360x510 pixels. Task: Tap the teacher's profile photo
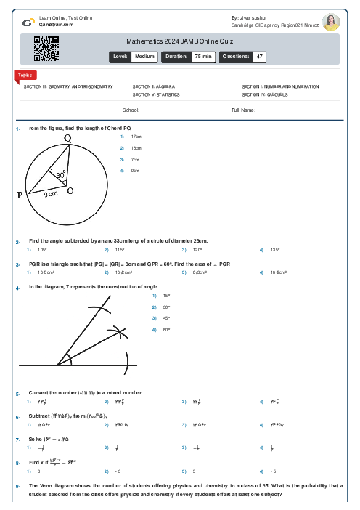(x=331, y=22)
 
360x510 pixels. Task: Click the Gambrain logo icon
(x=27, y=23)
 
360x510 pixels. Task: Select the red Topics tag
(x=24, y=75)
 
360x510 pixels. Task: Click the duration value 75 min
(x=202, y=56)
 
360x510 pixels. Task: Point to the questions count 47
(x=259, y=56)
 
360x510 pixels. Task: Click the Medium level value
(x=144, y=56)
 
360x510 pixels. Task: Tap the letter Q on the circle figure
(x=67, y=138)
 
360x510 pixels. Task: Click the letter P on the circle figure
(x=20, y=195)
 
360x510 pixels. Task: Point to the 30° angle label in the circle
(x=61, y=175)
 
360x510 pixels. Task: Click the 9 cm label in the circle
(x=51, y=194)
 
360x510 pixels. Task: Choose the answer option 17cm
(x=136, y=137)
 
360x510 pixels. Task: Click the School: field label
(x=131, y=110)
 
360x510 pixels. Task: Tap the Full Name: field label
(x=243, y=110)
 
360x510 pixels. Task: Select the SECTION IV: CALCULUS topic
(x=265, y=94)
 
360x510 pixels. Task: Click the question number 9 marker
(x=18, y=485)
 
